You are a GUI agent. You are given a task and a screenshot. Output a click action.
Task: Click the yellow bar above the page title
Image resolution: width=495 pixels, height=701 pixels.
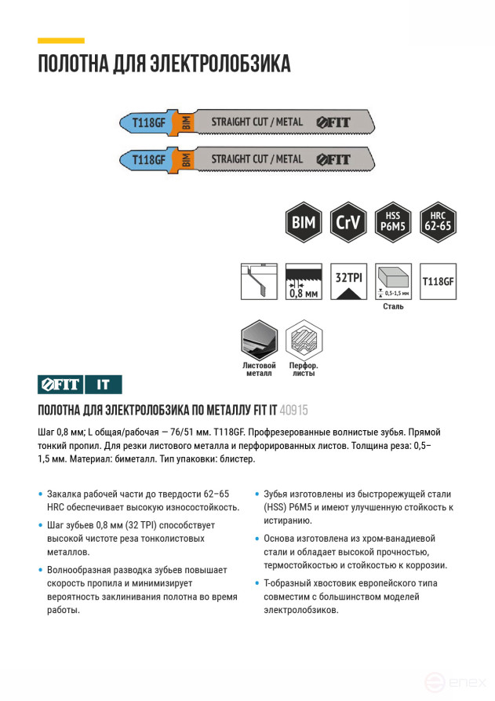pyautogui.click(x=60, y=40)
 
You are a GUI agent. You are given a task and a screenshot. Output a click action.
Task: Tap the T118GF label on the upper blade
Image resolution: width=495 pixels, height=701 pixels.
pyautogui.click(x=148, y=122)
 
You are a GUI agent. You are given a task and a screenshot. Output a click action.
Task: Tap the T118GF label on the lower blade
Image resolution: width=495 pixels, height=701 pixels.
pyautogui.click(x=148, y=159)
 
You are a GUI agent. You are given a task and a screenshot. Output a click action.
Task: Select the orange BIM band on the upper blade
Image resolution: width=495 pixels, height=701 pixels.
pyautogui.click(x=186, y=122)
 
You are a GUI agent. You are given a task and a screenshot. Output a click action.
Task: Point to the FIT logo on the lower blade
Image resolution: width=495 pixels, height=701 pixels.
pyautogui.click(x=333, y=159)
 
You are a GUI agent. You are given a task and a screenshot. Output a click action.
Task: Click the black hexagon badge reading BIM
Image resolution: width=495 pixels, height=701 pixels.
pyautogui.click(x=303, y=222)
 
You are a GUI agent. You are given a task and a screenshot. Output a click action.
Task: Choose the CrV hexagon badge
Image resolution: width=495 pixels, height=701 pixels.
pyautogui.click(x=348, y=222)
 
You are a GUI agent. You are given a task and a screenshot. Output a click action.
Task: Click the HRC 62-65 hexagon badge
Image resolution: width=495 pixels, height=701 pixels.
pyautogui.click(x=438, y=222)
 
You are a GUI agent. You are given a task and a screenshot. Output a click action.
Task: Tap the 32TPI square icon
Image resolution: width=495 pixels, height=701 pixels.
pyautogui.click(x=348, y=281)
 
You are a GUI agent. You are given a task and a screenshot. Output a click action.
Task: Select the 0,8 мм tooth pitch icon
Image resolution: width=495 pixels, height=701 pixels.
pyautogui.click(x=304, y=281)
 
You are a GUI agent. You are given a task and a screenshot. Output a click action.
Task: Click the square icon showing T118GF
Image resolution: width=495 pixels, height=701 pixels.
pyautogui.click(x=438, y=281)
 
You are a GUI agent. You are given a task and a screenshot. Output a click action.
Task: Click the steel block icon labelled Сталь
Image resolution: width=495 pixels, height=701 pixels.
pyautogui.click(x=393, y=281)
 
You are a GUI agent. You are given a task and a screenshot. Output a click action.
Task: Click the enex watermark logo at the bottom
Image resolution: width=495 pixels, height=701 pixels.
pyautogui.click(x=455, y=681)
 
